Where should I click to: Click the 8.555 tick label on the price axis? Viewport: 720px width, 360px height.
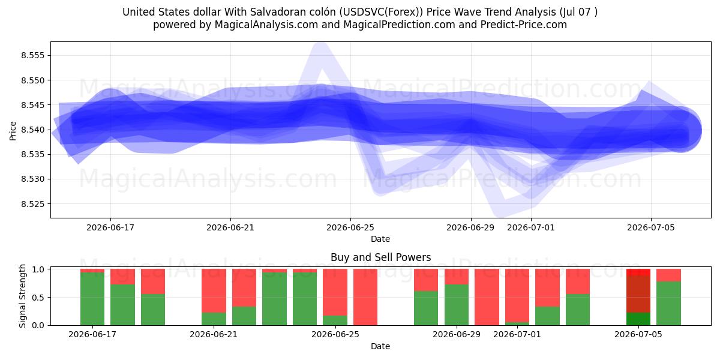pos(32,55)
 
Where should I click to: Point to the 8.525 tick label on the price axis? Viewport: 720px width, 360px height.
pos(32,204)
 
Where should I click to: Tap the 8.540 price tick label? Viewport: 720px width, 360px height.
pos(32,130)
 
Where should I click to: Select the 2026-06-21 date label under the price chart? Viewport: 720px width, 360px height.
pos(230,227)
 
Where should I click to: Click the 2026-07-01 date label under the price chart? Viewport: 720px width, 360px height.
pos(530,227)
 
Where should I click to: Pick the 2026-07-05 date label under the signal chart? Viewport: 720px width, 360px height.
pos(638,334)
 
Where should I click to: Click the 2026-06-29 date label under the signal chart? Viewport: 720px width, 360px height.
pos(457,334)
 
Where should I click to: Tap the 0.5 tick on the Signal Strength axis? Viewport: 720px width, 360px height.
pos(38,298)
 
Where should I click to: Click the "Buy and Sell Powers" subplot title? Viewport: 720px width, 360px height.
pos(380,257)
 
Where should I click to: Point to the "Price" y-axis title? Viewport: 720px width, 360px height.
pos(13,131)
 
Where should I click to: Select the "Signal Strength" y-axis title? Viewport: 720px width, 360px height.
pos(22,296)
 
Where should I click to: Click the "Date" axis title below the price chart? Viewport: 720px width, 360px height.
pos(380,239)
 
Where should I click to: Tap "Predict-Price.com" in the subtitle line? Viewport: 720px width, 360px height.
pos(524,25)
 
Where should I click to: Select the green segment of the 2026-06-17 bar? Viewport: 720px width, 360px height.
pos(92,299)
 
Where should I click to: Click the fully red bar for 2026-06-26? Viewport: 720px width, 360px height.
pos(365,297)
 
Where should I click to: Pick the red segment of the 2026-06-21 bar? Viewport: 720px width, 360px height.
pos(214,290)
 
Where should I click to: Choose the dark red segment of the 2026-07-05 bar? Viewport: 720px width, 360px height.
pos(638,294)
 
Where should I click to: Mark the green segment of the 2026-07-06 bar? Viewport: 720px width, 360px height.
pos(668,303)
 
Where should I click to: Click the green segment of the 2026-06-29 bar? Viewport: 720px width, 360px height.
pos(457,305)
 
